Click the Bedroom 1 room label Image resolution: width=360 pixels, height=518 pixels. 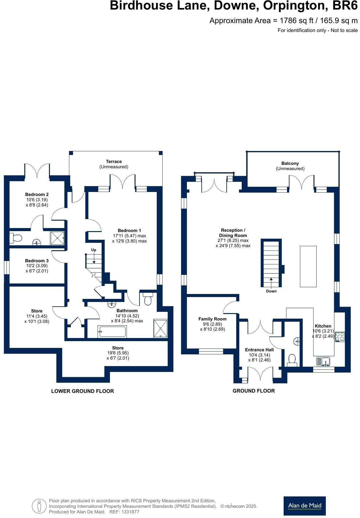point(129,230)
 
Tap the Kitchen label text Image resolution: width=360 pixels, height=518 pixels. point(323,326)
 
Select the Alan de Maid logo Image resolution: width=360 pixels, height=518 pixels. point(304,506)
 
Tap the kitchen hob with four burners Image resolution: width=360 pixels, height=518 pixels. point(340,336)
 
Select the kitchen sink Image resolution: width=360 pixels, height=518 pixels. point(323,361)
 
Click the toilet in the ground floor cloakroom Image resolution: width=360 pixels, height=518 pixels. point(292,360)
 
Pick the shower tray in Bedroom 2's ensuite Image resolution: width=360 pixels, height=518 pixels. point(58,238)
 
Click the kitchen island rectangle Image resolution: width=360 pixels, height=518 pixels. point(308,266)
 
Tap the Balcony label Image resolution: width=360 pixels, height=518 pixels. point(290,163)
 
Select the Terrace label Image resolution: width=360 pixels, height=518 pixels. point(114,161)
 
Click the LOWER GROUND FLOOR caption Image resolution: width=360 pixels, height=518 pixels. point(82,391)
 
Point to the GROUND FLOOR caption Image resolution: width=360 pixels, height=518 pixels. point(253,391)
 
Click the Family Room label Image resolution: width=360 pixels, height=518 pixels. point(212,319)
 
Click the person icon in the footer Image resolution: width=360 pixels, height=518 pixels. point(39,506)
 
